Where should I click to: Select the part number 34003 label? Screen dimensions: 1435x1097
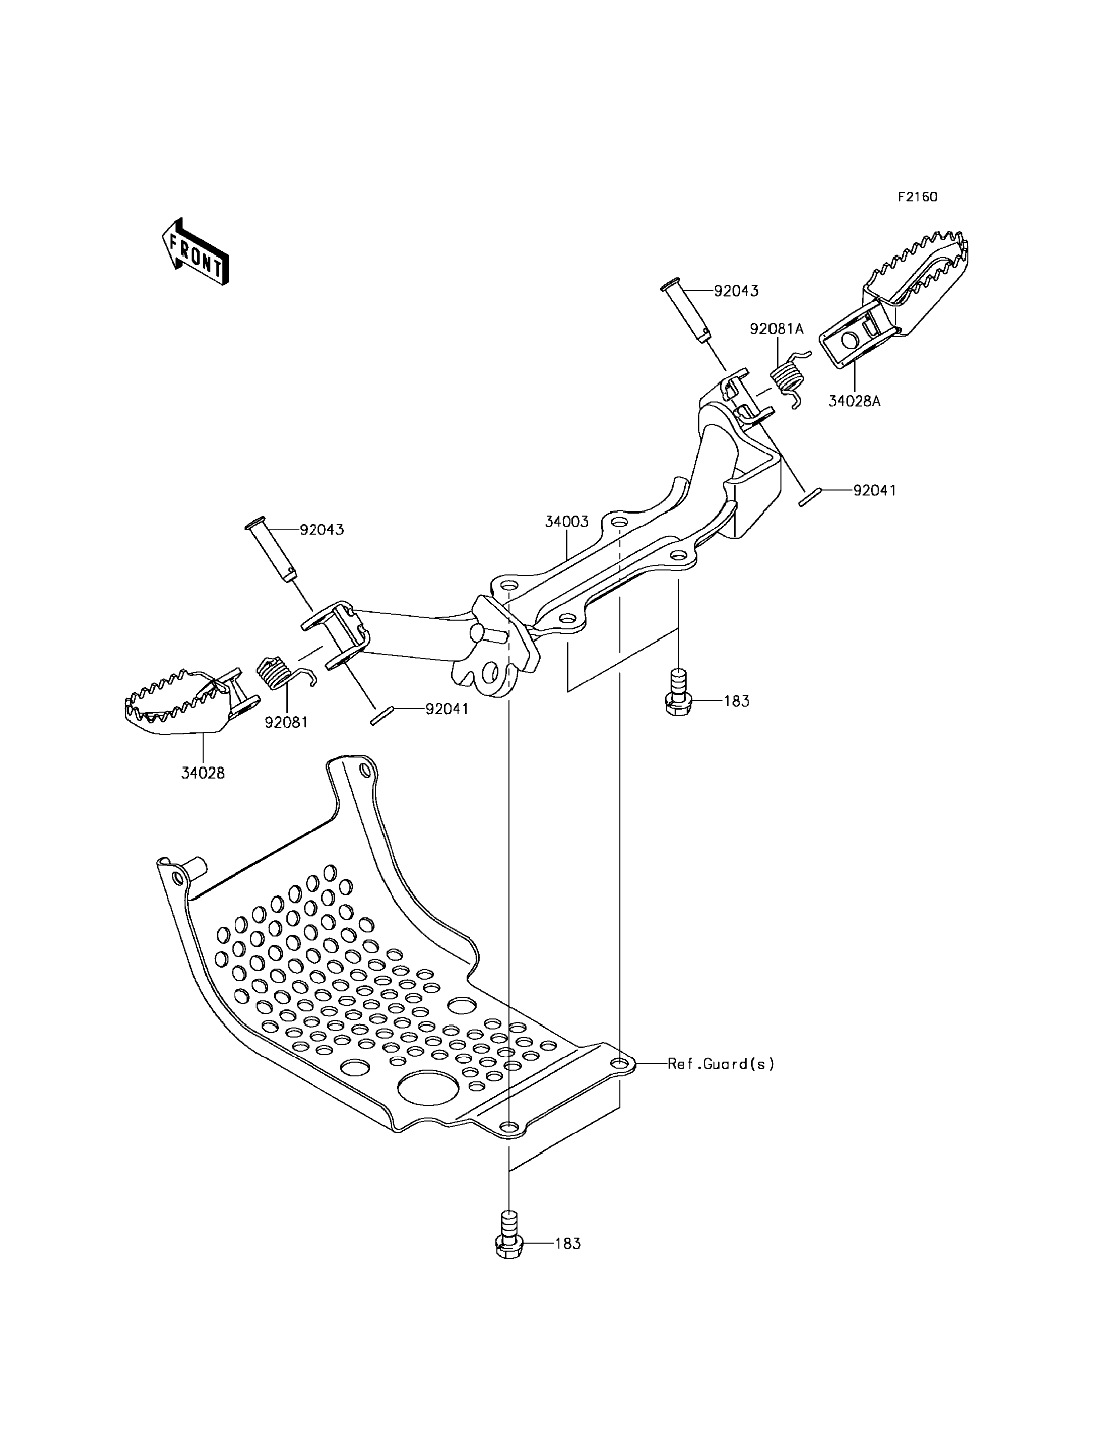[x=567, y=522]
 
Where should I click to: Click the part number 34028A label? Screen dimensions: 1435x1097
[x=854, y=401]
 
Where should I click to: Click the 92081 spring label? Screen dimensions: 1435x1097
[x=286, y=722]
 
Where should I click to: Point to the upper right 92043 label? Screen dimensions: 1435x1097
[x=736, y=291]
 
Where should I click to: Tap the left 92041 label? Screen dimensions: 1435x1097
[x=447, y=709]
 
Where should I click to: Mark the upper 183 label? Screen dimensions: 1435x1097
[x=737, y=702]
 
